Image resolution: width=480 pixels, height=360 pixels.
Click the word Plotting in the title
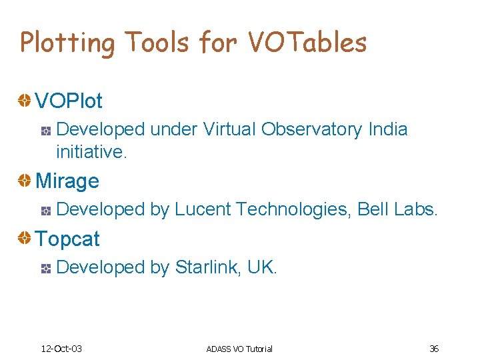click(67, 43)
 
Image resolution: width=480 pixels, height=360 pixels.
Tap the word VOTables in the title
click(307, 43)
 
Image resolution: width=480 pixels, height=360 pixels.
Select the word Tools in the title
click(157, 43)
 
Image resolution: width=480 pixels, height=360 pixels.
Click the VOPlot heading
click(69, 101)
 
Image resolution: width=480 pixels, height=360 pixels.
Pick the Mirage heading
click(67, 181)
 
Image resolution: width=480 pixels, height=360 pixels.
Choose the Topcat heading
click(67, 239)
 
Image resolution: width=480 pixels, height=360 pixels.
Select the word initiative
click(91, 153)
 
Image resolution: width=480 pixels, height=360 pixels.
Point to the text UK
click(261, 267)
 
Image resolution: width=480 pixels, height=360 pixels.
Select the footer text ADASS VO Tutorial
click(239, 349)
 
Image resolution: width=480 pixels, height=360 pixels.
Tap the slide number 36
click(433, 349)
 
